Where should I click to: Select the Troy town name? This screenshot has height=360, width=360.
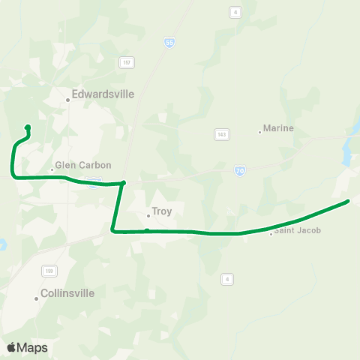[x=161, y=211]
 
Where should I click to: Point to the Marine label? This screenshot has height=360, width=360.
[x=278, y=128]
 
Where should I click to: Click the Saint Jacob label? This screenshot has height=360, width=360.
[x=298, y=230]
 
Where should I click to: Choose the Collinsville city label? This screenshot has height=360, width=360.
[x=67, y=293]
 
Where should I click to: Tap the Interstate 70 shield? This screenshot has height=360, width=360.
[x=238, y=171]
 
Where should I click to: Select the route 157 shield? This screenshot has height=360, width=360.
[x=126, y=61]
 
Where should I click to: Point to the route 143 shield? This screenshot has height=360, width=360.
[x=221, y=134]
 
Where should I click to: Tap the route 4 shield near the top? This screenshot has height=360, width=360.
[x=235, y=12]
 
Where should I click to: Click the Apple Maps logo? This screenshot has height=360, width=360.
[x=26, y=347]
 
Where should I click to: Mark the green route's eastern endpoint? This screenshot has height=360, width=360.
[x=348, y=201]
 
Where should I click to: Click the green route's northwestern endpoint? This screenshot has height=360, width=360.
[x=28, y=127]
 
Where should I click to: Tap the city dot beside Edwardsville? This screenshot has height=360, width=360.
[x=67, y=100]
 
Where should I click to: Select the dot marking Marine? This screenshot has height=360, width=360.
[x=260, y=132]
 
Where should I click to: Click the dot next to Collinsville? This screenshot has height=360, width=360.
[x=36, y=298]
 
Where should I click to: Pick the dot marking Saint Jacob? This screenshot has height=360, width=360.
[x=271, y=234]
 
